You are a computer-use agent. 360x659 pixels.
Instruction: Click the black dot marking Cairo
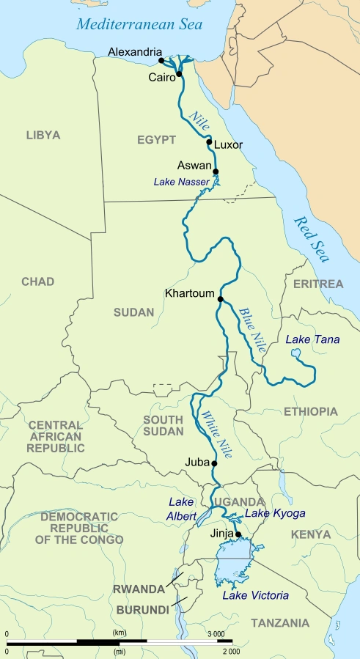(178, 74)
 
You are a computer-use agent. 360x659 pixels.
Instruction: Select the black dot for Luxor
(209, 144)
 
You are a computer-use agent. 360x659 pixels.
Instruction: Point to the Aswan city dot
(216, 172)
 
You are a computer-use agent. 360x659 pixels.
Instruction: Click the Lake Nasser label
(181, 181)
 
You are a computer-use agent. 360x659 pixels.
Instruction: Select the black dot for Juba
(214, 463)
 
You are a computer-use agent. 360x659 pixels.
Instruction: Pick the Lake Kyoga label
(275, 513)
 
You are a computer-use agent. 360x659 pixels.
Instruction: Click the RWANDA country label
(139, 589)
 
